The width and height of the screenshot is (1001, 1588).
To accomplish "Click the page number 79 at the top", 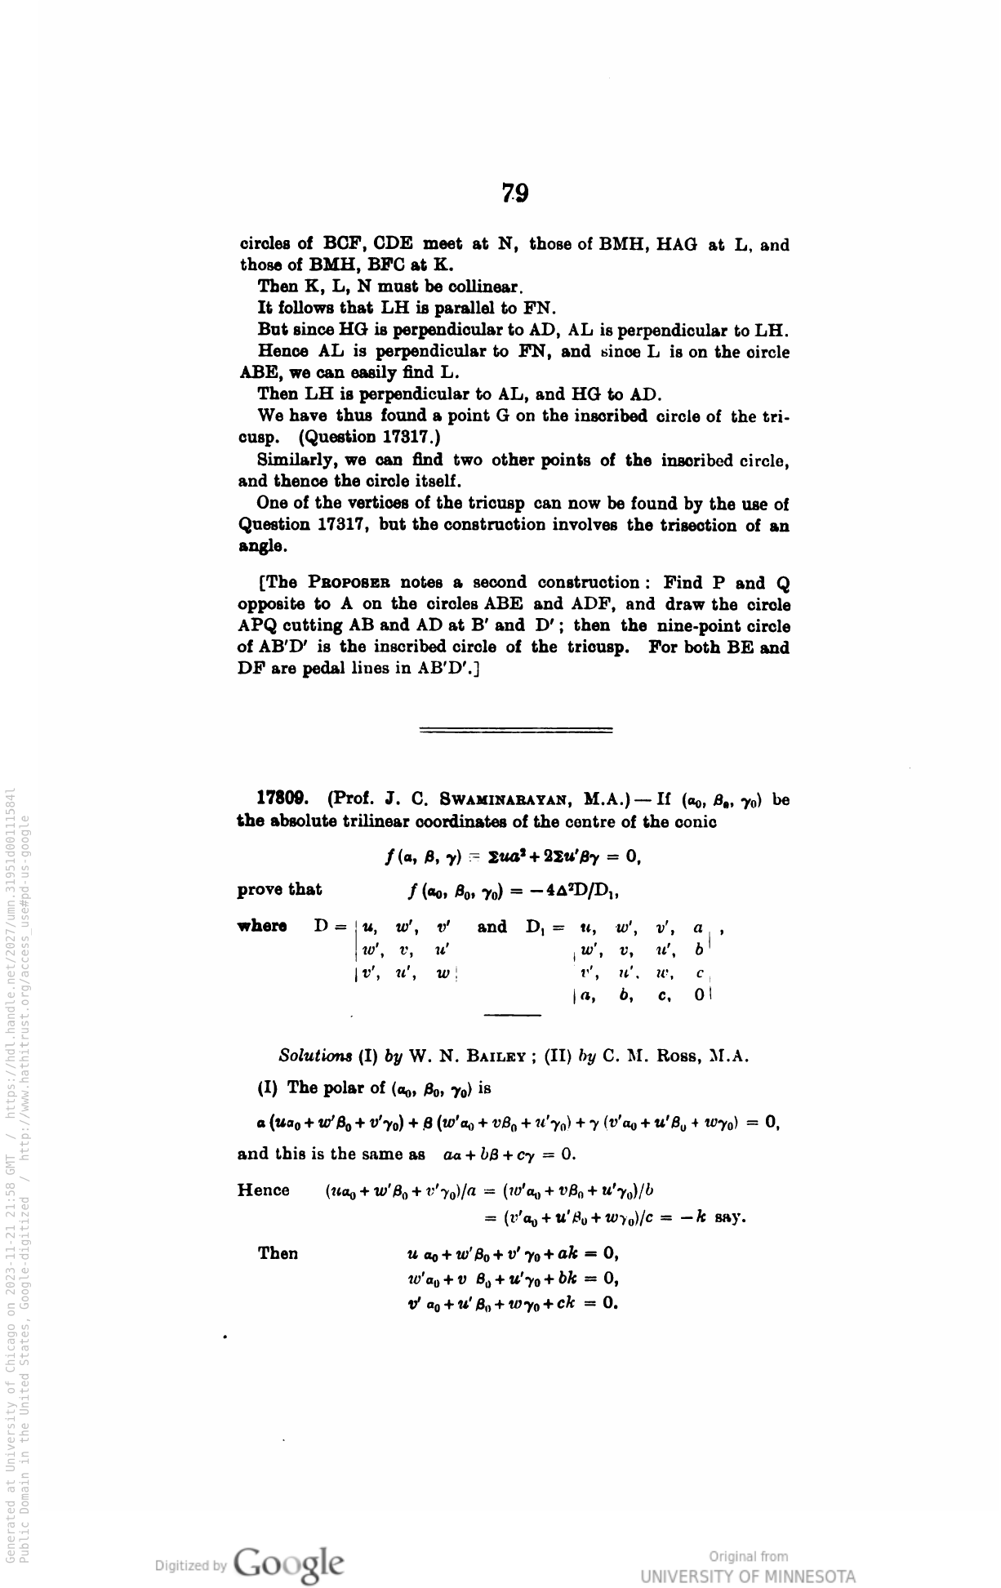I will click(x=515, y=193).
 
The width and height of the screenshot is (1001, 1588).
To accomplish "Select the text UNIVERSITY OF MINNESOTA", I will click(x=748, y=1576).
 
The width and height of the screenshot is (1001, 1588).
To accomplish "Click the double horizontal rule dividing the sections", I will click(x=515, y=730).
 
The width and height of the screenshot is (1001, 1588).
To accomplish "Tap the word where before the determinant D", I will click(x=261, y=926).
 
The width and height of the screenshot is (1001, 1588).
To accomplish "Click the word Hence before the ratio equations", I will click(x=263, y=1190).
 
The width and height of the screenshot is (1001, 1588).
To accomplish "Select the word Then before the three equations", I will click(x=278, y=1253).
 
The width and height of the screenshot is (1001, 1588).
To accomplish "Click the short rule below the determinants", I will click(x=513, y=1015).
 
